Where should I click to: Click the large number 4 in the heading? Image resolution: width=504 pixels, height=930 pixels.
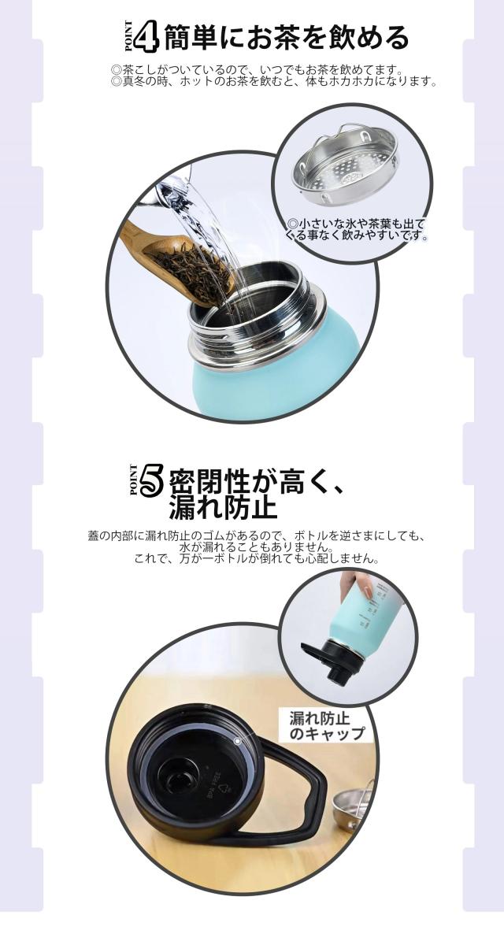point(146,37)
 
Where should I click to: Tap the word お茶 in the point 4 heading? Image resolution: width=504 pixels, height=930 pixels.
point(272,38)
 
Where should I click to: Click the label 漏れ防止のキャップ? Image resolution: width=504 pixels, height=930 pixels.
point(326,726)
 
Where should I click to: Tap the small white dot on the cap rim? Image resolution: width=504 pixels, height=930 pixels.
point(237,741)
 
